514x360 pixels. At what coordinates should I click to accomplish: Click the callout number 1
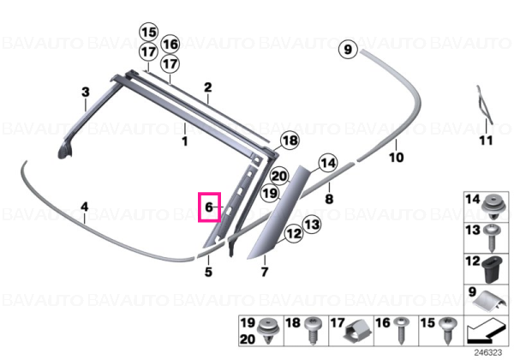pos(185,141)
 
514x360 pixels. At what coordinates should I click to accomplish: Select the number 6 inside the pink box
pos(209,207)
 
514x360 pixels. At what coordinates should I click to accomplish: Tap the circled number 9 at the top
pos(348,50)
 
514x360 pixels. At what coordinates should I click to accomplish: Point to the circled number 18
pos(290,141)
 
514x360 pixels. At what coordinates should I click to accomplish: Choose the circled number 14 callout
pos(328,163)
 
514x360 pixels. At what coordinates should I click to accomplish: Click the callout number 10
pos(396,158)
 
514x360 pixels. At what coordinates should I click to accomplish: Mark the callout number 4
pos(85,207)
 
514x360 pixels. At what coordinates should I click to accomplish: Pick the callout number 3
pos(86,92)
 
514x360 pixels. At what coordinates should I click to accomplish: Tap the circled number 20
pos(279,177)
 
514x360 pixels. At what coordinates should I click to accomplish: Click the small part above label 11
pos(484,105)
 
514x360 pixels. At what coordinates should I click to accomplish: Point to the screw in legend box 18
pos(312,330)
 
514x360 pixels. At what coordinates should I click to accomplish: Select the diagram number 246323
pos(487,353)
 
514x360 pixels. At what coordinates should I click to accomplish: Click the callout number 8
pos(329,199)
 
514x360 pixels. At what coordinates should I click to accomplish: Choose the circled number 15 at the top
pos(149,33)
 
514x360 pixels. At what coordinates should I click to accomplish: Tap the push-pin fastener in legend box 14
pos(494,207)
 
